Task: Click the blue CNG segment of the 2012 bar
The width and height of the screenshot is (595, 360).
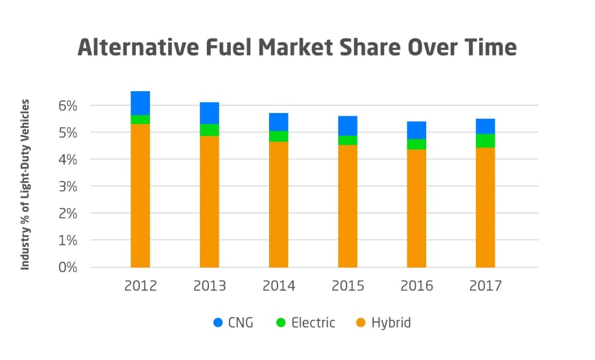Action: click(x=140, y=103)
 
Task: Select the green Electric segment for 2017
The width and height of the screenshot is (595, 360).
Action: click(x=485, y=140)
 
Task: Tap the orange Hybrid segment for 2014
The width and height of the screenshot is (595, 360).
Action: click(x=278, y=204)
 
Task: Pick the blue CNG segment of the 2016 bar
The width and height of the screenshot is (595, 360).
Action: click(x=416, y=130)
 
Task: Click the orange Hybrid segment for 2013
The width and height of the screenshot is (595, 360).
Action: click(x=209, y=202)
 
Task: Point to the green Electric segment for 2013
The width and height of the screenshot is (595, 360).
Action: click(x=209, y=130)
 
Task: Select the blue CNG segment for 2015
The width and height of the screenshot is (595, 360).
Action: click(x=347, y=125)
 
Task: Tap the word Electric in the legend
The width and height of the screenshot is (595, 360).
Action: click(x=313, y=323)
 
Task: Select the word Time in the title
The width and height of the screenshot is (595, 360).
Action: click(x=488, y=48)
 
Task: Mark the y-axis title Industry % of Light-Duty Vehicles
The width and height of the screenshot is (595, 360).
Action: click(x=26, y=184)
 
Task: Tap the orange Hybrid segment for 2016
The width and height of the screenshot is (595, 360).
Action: click(x=416, y=208)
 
